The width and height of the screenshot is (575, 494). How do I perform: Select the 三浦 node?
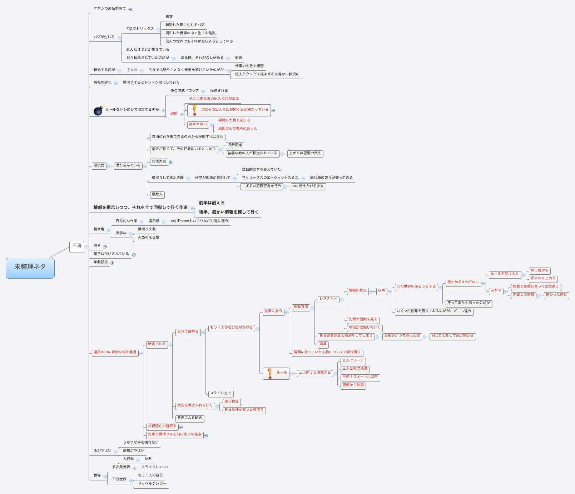tap(76, 246)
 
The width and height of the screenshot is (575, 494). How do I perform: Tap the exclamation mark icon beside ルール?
tap(270, 373)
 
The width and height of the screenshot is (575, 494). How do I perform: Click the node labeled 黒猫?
tap(169, 16)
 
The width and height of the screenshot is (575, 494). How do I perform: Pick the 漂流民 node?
tap(99, 165)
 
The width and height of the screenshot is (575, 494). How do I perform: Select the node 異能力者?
tap(159, 161)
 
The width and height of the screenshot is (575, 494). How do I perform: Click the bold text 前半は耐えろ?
tap(212, 203)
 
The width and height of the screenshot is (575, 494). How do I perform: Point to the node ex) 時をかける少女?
tap(308, 186)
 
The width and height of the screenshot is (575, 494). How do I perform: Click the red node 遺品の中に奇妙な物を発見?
tap(115, 352)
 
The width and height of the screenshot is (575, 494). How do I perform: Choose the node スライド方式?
tap(220, 393)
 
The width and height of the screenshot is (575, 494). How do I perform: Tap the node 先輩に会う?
tap(273, 311)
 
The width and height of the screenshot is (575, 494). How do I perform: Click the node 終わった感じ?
tap(556, 295)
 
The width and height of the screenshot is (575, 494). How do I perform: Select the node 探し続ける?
tap(539, 270)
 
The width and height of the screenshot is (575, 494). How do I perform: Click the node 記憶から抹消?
tap(353, 385)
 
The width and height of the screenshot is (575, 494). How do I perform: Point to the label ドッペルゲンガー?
tap(152, 483)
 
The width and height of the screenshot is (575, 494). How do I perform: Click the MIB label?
tap(148, 459)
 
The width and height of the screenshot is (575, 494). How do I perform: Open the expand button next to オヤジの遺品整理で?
tap(130, 10)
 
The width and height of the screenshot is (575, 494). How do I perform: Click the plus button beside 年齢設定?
tap(112, 263)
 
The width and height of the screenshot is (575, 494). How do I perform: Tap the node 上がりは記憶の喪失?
tap(305, 153)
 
